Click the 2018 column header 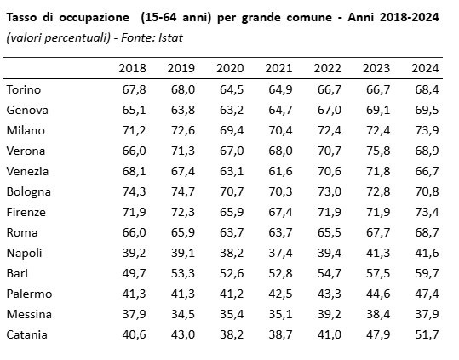pyautogui.click(x=132, y=68)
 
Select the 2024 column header pyautogui.click(x=425, y=68)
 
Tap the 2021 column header pyautogui.click(x=278, y=68)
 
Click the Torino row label pyautogui.click(x=24, y=89)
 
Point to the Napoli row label pyautogui.click(x=25, y=253)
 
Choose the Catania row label pyautogui.click(x=26, y=334)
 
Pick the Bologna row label pyautogui.click(x=29, y=192)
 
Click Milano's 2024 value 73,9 pyautogui.click(x=427, y=130)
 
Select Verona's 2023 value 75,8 pyautogui.click(x=378, y=151)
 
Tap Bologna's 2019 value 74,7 pyautogui.click(x=183, y=191)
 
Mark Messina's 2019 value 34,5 pyautogui.click(x=183, y=314)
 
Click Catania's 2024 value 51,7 pyautogui.click(x=427, y=334)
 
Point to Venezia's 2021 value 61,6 pyautogui.click(x=280, y=171)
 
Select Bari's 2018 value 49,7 pyautogui.click(x=134, y=273)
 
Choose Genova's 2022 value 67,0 pyautogui.click(x=330, y=110)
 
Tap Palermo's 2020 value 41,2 pyautogui.click(x=232, y=294)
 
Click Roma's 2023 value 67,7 pyautogui.click(x=378, y=233)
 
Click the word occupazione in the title pyautogui.click(x=94, y=18)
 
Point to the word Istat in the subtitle pyautogui.click(x=170, y=37)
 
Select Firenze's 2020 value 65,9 pyautogui.click(x=232, y=212)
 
